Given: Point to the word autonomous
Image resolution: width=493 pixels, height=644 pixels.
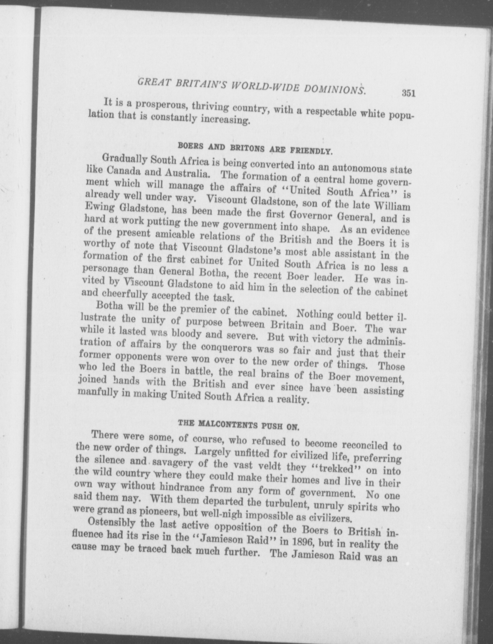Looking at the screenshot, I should (360, 169).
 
